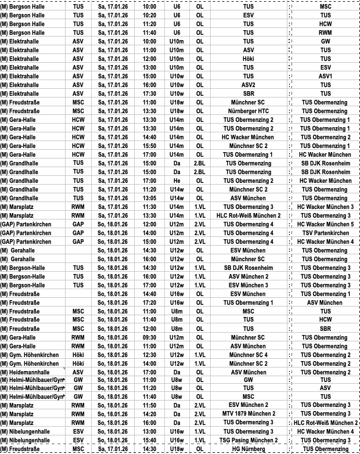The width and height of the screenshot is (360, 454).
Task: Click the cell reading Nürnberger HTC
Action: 248,111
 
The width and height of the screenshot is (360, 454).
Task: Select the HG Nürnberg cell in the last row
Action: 248,449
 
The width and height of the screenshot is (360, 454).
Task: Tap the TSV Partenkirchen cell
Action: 325,233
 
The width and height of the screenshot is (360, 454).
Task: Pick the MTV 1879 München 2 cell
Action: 248,414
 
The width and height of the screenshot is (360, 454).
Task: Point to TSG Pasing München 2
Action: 248,440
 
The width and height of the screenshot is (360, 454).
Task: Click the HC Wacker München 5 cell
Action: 325,224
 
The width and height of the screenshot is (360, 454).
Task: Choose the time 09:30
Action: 149,337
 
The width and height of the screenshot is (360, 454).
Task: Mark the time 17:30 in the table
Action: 149,93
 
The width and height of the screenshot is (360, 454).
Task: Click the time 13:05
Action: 149,198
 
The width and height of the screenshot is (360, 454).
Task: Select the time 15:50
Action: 149,146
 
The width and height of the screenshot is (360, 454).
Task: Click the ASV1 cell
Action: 325,76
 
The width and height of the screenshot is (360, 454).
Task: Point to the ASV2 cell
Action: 248,85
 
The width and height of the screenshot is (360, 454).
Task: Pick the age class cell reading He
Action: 177,181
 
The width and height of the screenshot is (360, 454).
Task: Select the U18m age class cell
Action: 177,102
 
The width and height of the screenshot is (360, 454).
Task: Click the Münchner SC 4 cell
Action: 248,355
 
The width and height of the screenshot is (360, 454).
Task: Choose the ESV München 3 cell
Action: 248,285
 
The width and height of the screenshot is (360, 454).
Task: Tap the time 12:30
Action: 149,355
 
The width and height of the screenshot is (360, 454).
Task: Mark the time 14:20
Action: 149,414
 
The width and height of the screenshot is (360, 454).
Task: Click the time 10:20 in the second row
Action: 149,15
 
